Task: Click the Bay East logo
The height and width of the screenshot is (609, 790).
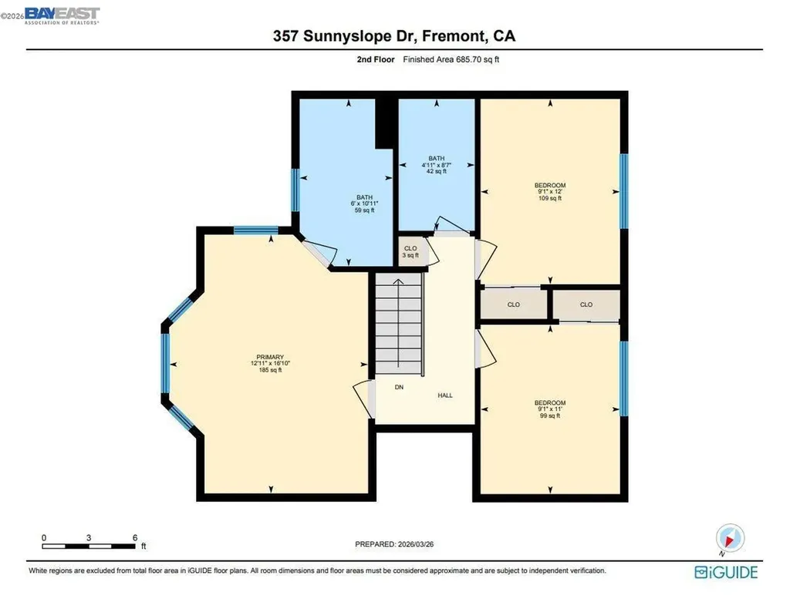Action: coord(62,15)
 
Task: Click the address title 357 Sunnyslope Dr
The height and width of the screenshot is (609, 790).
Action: coord(394,37)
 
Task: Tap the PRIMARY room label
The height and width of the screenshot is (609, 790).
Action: coord(271,363)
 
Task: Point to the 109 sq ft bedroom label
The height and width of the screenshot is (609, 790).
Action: coord(550,191)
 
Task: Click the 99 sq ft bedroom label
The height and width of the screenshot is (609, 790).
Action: coord(550,409)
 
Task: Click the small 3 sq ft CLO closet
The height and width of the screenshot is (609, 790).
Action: coord(410,251)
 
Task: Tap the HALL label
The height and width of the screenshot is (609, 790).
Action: coord(445,395)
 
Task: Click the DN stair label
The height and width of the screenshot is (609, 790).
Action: coord(399,387)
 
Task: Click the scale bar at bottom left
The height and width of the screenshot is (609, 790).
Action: coord(89,547)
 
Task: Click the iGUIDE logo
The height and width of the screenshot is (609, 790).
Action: coord(726,572)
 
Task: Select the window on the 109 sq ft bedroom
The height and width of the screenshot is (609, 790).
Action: coord(623,191)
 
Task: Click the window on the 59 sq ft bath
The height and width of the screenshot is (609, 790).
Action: coord(294,190)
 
